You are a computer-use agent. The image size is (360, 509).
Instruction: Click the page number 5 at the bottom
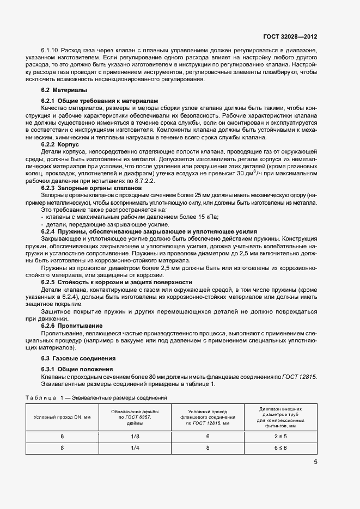(315, 462)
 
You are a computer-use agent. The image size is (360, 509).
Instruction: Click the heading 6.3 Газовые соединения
(77, 358)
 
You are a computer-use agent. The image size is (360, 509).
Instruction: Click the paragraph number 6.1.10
(50, 50)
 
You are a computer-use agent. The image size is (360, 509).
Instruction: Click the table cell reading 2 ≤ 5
(280, 437)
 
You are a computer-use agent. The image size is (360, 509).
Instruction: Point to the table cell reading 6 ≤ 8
(280, 447)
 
